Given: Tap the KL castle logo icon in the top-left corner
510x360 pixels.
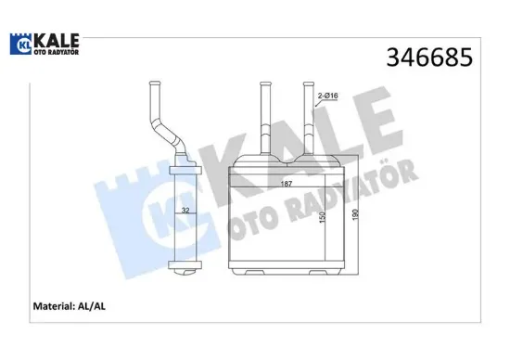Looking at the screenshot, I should click(x=23, y=44).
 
